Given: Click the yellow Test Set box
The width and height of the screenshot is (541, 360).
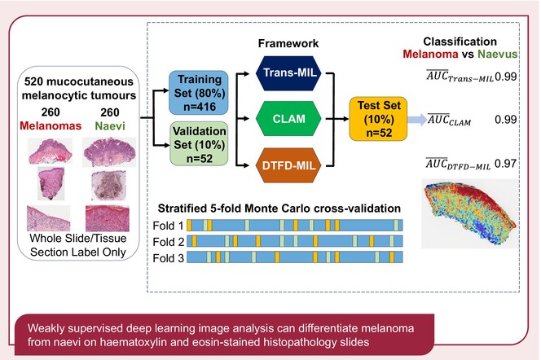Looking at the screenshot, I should tap(378, 119).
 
